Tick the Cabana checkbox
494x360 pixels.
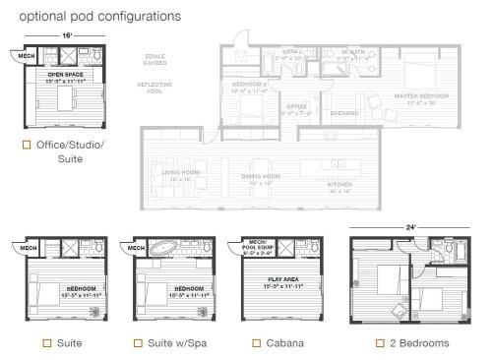[256, 342]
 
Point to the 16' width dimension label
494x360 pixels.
[65, 34]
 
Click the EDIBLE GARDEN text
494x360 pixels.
[155, 59]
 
